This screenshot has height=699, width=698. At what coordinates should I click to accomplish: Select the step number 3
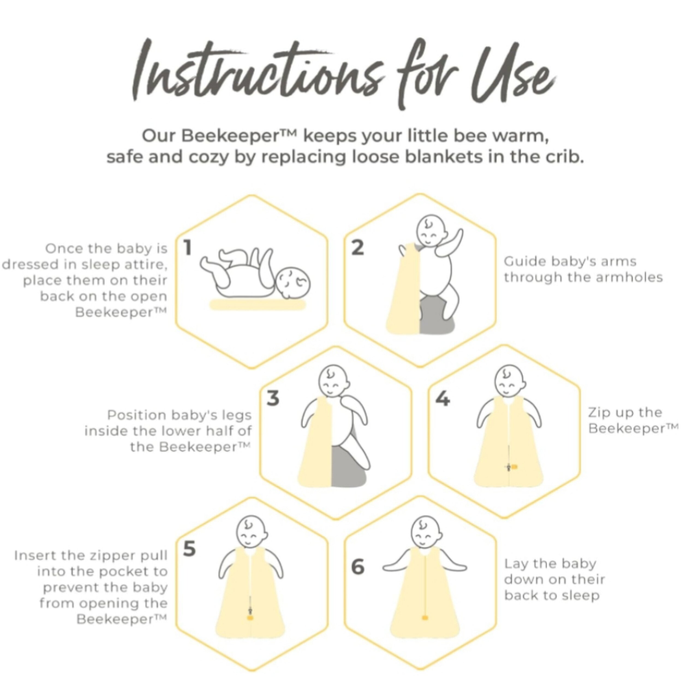273,398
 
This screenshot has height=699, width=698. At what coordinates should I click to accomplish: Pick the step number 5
189,549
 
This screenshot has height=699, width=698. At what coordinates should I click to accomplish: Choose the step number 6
358,567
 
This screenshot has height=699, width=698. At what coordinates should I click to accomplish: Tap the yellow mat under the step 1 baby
258,305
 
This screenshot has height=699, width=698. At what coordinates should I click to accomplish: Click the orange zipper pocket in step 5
250,618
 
